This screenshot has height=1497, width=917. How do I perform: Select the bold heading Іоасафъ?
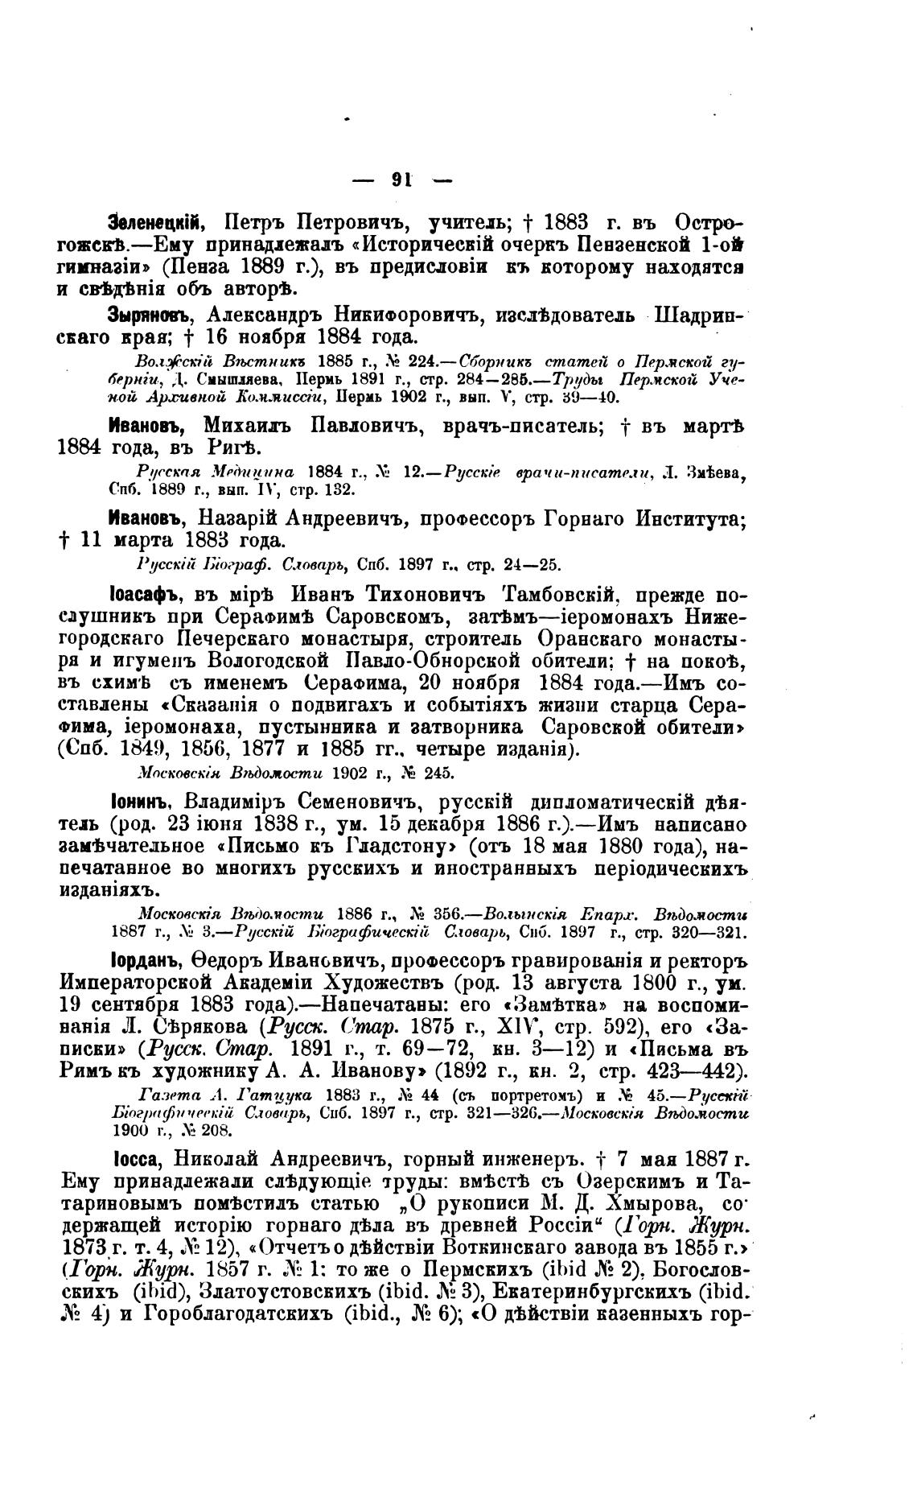145,596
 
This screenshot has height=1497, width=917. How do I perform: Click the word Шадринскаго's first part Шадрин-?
701,314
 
